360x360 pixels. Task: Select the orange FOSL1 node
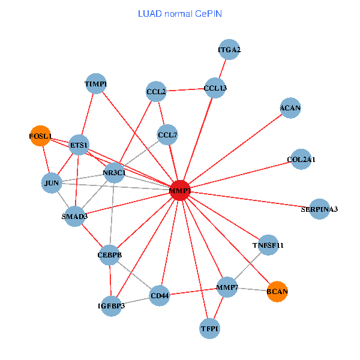pyautogui.click(x=41, y=136)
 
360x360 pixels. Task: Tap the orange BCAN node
pyautogui.click(x=277, y=292)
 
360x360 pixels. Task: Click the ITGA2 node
pyautogui.click(x=229, y=49)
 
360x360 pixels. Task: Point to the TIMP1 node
pyautogui.click(x=96, y=84)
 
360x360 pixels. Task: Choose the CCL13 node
pyautogui.click(x=215, y=88)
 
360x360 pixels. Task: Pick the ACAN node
pyautogui.click(x=290, y=108)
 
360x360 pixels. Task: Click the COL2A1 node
pyautogui.click(x=301, y=160)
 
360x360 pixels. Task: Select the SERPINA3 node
pyautogui.click(x=319, y=209)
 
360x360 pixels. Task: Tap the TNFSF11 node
pyautogui.click(x=268, y=245)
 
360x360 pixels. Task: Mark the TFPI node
pyautogui.click(x=210, y=328)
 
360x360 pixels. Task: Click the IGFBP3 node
pyautogui.click(x=111, y=306)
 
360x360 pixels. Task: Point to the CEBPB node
pyautogui.click(x=110, y=255)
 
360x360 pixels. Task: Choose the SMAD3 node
pyautogui.click(x=74, y=216)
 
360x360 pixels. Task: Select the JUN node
pyautogui.click(x=52, y=183)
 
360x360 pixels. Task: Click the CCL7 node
pyautogui.click(x=167, y=135)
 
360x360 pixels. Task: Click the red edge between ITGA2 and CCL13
pyautogui.click(x=222, y=68)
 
